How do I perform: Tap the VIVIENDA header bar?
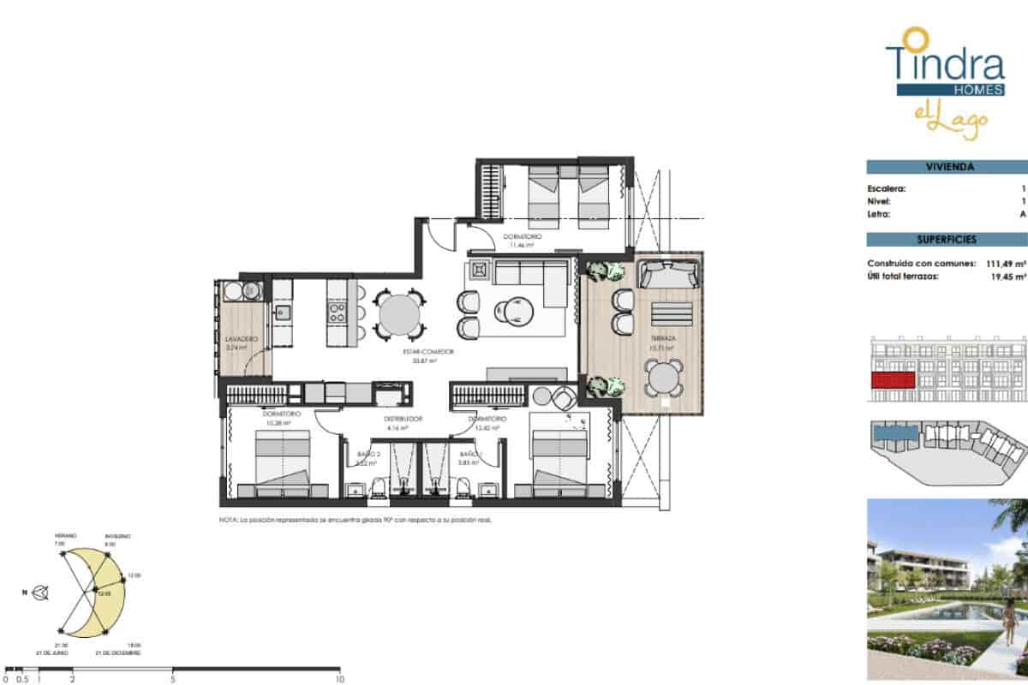pyautogui.click(x=947, y=167)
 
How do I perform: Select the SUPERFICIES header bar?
pyautogui.click(x=947, y=240)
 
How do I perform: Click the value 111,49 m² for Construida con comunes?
pyautogui.click(x=1006, y=264)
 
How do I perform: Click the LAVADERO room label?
pyautogui.click(x=241, y=339)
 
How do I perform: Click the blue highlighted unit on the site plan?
pyautogui.click(x=895, y=433)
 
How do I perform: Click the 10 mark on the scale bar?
pyautogui.click(x=340, y=678)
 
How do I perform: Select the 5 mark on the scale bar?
pyautogui.click(x=173, y=678)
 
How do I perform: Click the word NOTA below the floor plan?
pyautogui.click(x=228, y=520)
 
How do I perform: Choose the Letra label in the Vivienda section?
pyautogui.click(x=878, y=214)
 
